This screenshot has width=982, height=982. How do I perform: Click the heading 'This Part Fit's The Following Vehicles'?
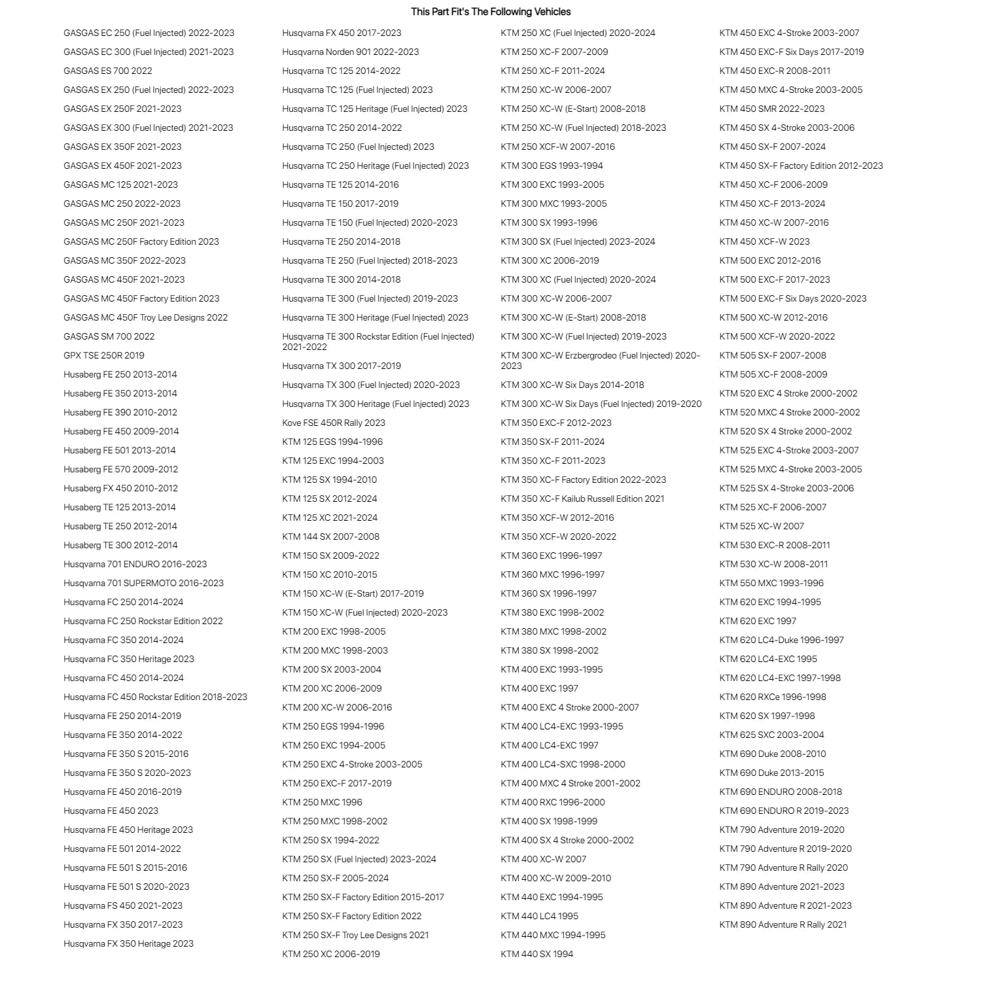click(491, 12)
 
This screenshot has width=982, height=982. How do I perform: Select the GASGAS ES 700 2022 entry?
click(108, 71)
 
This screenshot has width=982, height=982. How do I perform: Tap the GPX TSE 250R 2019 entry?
click(104, 355)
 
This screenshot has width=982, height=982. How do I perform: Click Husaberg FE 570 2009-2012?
click(121, 469)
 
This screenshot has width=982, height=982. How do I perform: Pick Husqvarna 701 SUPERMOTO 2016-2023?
click(143, 583)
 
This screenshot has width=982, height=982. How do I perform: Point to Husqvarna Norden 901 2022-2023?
click(351, 52)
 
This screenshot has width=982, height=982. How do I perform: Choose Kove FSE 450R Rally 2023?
click(334, 423)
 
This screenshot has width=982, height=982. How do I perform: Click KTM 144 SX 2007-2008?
click(331, 536)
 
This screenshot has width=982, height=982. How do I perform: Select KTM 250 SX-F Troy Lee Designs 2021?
click(355, 935)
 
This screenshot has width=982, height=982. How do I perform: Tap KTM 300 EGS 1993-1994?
click(552, 166)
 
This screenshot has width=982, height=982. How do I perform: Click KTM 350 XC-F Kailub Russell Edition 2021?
click(582, 499)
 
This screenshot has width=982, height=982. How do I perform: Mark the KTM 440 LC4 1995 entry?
click(540, 916)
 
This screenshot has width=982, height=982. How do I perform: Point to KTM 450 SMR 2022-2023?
click(772, 109)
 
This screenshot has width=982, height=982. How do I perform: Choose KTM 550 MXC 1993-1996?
click(771, 583)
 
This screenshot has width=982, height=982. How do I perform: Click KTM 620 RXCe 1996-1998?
click(773, 697)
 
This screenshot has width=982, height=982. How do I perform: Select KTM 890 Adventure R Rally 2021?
click(783, 924)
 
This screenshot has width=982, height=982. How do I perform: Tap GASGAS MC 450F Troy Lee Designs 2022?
click(146, 317)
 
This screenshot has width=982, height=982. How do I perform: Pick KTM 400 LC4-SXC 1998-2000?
click(563, 764)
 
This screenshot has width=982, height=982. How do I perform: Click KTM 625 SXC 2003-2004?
click(772, 735)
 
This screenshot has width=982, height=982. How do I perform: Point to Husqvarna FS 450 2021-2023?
click(123, 905)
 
